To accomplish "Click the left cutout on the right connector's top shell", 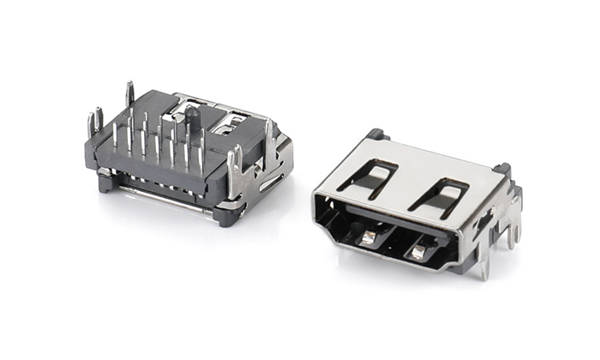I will tap(366, 175).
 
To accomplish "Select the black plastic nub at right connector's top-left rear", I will tap(374, 135).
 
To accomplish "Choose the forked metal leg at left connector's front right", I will tap(235, 165).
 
